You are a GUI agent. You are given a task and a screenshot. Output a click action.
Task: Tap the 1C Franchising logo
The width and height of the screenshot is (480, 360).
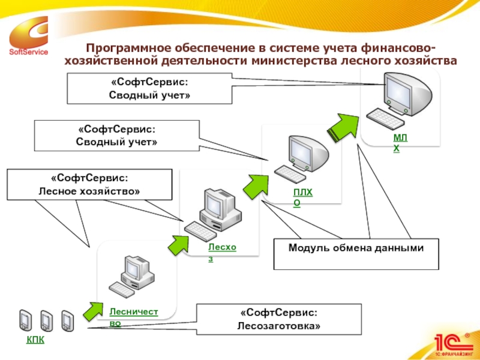452,343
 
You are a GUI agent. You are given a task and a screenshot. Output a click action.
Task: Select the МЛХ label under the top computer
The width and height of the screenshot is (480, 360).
400,143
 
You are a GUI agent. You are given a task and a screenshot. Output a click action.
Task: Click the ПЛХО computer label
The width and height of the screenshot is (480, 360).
302,197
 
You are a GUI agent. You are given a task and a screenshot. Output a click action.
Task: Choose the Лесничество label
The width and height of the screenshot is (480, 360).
133,317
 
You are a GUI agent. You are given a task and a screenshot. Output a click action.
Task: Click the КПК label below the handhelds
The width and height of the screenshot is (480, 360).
35,340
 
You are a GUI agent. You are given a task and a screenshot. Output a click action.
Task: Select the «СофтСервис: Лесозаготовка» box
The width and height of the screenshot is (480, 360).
279,319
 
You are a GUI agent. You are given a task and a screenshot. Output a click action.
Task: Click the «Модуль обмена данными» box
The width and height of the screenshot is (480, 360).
356,254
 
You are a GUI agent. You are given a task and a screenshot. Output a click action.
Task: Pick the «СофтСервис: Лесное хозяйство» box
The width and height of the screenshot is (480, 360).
89,184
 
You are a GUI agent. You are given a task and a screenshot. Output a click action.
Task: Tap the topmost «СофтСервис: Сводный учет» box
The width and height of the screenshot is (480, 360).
148,89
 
